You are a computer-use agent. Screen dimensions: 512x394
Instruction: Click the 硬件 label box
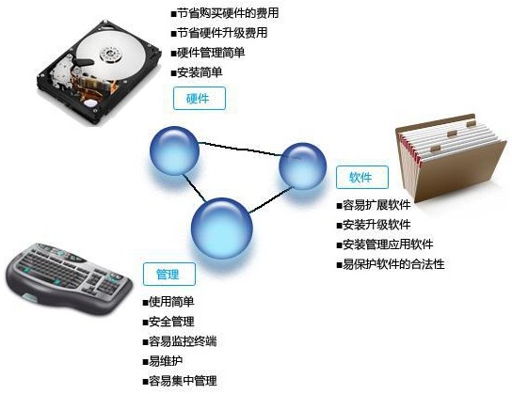[x=200, y=98]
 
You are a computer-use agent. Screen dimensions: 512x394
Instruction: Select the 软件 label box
[x=362, y=177]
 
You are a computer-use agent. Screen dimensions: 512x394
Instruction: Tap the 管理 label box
[x=169, y=275]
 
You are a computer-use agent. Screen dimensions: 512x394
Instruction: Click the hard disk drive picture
[x=99, y=71]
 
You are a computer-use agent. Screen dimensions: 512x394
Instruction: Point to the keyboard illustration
[x=69, y=278]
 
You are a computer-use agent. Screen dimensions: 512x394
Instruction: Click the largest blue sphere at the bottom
[x=222, y=228]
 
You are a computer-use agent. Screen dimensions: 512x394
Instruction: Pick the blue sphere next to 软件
[x=303, y=166]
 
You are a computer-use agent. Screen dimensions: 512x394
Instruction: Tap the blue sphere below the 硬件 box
[x=174, y=150]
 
